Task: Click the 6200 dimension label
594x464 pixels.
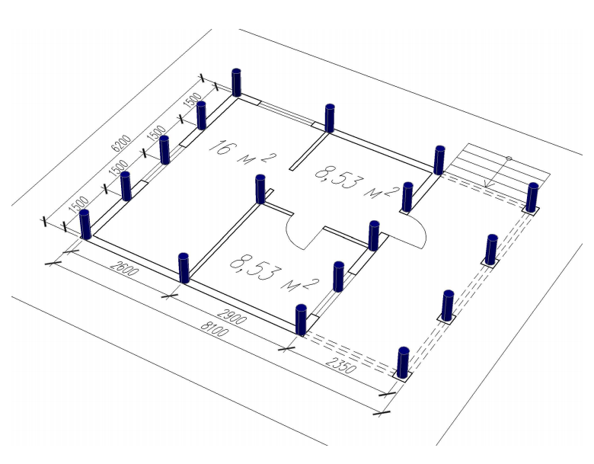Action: (x=121, y=143)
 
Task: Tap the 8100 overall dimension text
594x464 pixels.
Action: (x=215, y=328)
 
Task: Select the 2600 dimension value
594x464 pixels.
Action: (x=125, y=268)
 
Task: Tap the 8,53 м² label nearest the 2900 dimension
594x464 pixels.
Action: (x=274, y=272)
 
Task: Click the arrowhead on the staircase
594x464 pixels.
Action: (x=489, y=184)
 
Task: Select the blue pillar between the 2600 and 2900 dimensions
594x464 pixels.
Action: (x=184, y=268)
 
